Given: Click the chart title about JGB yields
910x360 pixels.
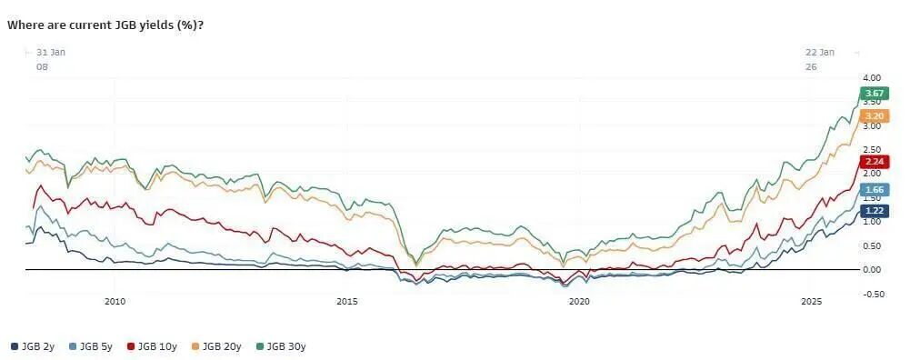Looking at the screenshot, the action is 105,25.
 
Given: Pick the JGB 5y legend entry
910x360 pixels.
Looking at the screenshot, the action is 91,346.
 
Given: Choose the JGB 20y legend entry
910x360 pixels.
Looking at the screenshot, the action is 214,346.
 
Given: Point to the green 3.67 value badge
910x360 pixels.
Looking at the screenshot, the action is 874,94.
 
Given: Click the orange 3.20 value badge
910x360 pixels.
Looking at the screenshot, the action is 874,115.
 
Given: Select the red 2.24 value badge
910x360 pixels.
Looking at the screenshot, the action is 874,162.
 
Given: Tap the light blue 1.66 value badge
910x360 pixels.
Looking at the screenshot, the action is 874,189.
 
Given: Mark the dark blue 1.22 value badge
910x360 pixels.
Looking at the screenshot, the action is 874,210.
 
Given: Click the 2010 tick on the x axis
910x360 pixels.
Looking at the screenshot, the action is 115,302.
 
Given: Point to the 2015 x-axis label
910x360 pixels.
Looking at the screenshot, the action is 347,302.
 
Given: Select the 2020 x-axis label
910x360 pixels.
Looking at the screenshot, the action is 579,302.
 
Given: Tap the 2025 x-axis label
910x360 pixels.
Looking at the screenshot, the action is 811,302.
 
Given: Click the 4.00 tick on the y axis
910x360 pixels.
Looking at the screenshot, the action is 873,78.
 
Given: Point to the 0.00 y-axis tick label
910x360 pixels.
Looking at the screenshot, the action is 873,269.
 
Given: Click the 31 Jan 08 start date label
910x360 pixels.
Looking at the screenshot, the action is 51,59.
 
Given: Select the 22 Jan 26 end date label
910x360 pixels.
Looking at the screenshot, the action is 819,59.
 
